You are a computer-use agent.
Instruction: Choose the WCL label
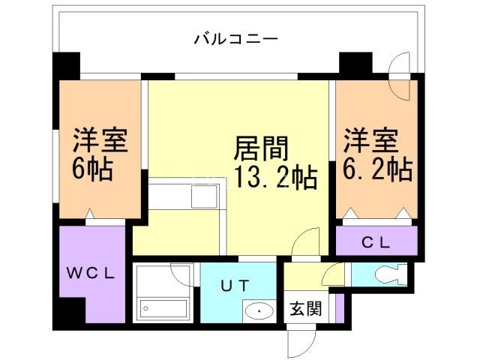[88, 273]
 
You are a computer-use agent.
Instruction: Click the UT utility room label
[234, 285]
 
